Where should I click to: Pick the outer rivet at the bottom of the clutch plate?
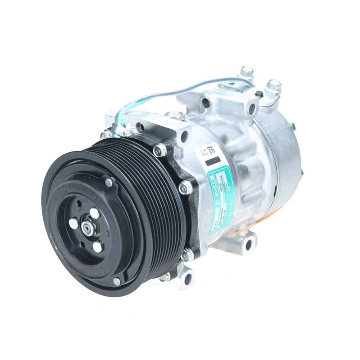click(x=117, y=282)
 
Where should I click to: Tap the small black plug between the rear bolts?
click(x=258, y=94)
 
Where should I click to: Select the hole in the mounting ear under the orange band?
click(x=248, y=245)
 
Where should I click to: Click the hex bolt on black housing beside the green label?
click(x=185, y=187)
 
